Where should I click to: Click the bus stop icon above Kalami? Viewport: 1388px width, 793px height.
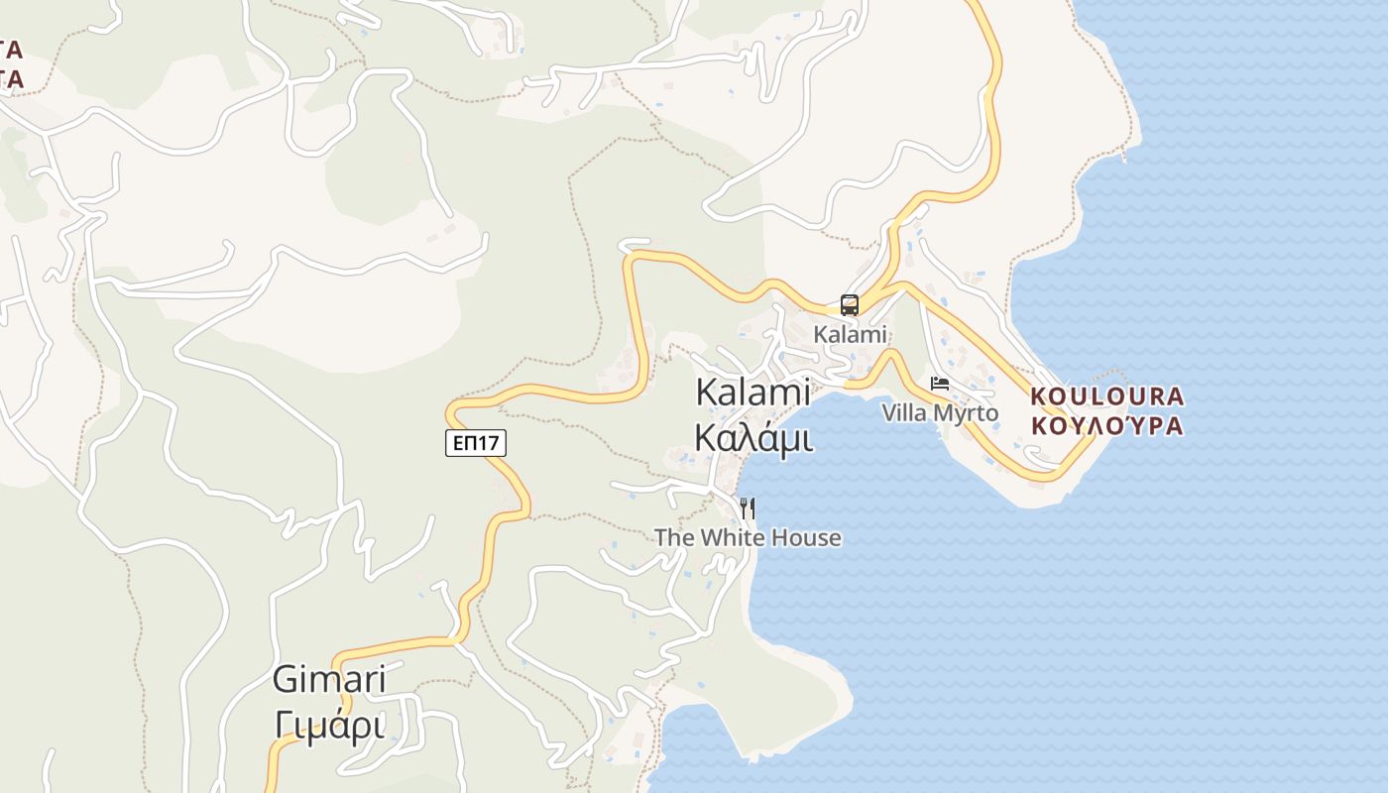pyautogui.click(x=850, y=304)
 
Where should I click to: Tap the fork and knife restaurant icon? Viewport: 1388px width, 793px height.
pyautogui.click(x=748, y=509)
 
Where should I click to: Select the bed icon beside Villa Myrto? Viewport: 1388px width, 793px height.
pyautogui.click(x=940, y=384)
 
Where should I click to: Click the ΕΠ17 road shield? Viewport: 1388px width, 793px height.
pyautogui.click(x=476, y=443)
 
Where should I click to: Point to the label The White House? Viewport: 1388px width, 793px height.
pyautogui.click(x=748, y=538)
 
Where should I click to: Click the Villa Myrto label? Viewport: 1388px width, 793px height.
pyautogui.click(x=940, y=412)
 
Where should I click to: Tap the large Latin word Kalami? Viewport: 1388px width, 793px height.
pyautogui.click(x=753, y=392)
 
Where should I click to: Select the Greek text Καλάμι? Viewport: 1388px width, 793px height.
pyautogui.click(x=753, y=437)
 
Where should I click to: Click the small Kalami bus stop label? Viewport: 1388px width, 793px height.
pyautogui.click(x=850, y=334)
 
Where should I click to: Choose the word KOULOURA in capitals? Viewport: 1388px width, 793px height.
pyautogui.click(x=1107, y=396)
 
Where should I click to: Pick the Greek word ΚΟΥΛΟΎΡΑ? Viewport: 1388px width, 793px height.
pyautogui.click(x=1107, y=426)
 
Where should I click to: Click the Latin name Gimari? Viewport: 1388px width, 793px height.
pyautogui.click(x=328, y=680)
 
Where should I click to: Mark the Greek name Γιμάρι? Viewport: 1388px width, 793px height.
pyautogui.click(x=328, y=727)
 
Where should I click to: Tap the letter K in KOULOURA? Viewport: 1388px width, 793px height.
pyautogui.click(x=1039, y=396)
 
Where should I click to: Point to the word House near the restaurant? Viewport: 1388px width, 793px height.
pyautogui.click(x=808, y=538)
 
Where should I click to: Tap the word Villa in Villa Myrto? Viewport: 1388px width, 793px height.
pyautogui.click(x=903, y=412)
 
